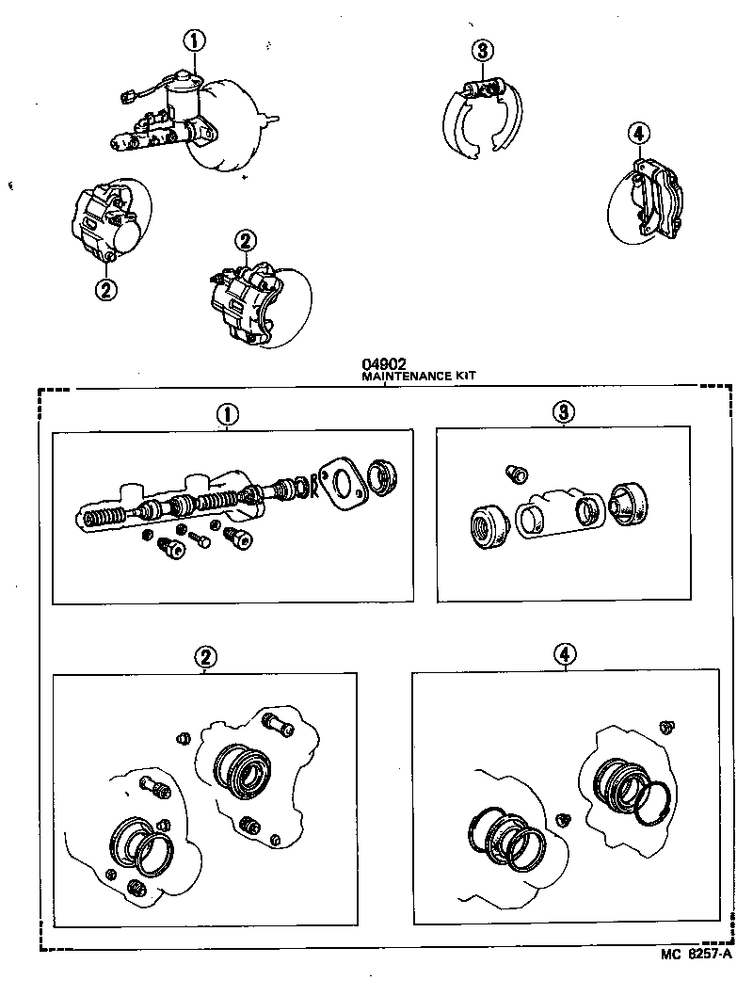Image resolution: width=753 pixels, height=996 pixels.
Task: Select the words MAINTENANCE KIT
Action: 419,375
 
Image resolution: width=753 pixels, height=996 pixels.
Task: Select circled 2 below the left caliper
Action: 106,289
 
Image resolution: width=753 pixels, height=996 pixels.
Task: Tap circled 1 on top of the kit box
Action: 227,413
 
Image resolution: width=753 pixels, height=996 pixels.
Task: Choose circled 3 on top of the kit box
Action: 564,411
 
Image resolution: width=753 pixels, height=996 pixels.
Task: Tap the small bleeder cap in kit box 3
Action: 516,474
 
